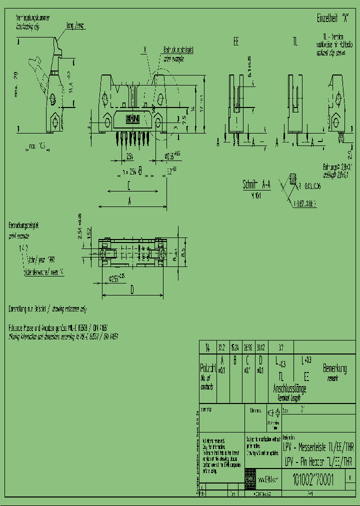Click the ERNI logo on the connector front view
[x=132, y=118]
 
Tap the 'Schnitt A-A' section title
[x=256, y=184]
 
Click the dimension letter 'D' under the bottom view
[x=132, y=289]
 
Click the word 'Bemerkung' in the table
[x=335, y=369]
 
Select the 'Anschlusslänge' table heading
[x=289, y=388]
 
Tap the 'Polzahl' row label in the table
[x=207, y=369]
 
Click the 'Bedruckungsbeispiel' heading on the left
[x=23, y=226]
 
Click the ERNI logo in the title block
[x=249, y=478]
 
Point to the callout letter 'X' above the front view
[x=144, y=49]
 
